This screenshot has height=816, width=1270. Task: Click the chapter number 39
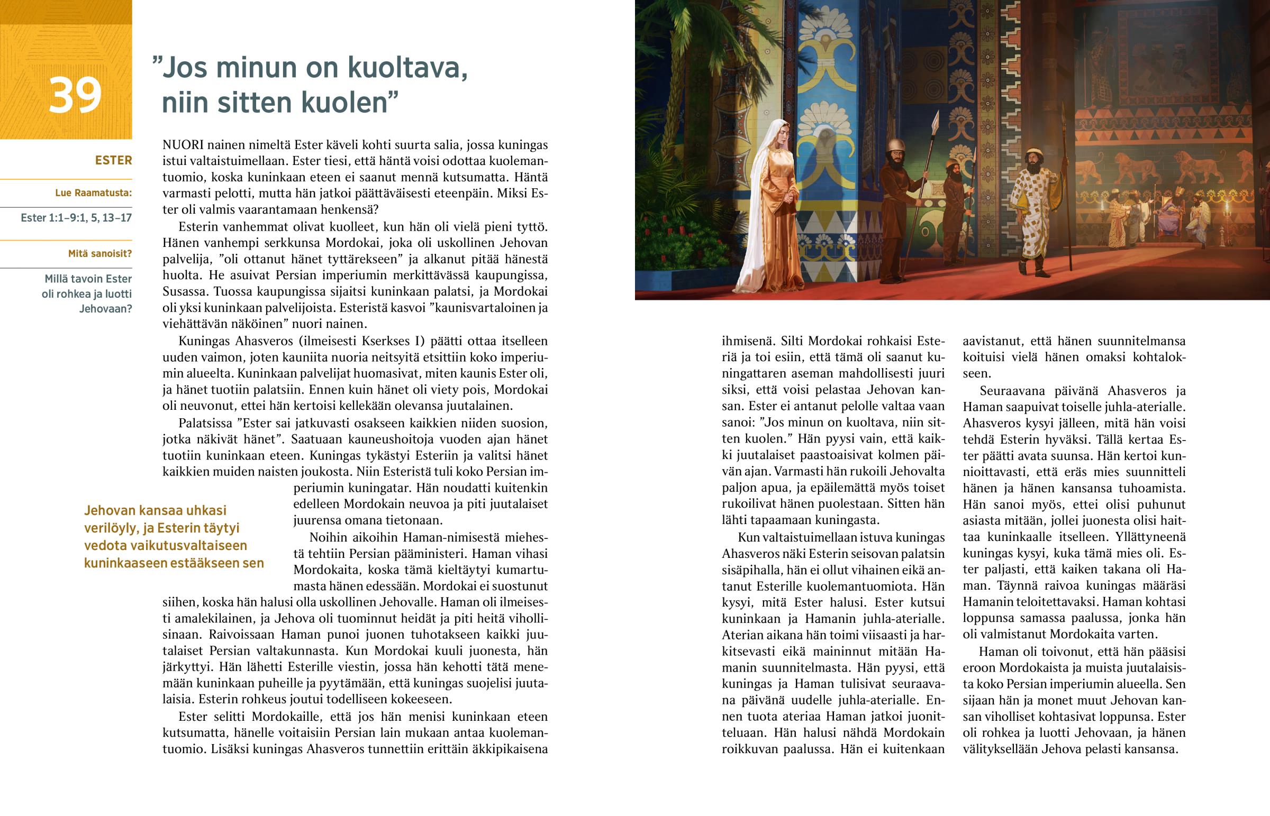point(75,95)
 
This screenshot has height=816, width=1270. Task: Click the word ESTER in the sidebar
point(113,160)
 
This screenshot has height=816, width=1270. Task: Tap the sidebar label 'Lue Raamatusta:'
point(93,193)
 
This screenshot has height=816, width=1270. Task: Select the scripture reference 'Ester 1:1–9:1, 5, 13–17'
point(76,218)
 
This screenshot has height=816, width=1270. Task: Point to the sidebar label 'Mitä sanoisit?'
point(99,254)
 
